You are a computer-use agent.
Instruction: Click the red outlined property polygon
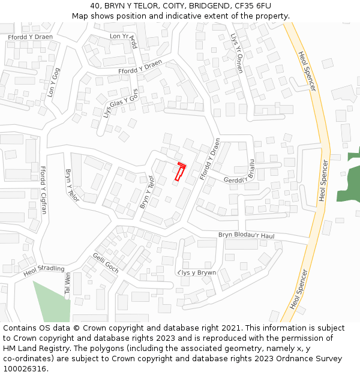[x=179, y=172]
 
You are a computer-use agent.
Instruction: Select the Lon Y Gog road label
[x=53, y=82]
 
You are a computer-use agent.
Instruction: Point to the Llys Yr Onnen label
[x=237, y=53]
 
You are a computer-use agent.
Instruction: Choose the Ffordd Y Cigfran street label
[x=43, y=191]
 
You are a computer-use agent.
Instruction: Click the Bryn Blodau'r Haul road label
[x=246, y=236]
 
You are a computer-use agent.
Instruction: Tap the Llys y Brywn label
[x=197, y=272]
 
